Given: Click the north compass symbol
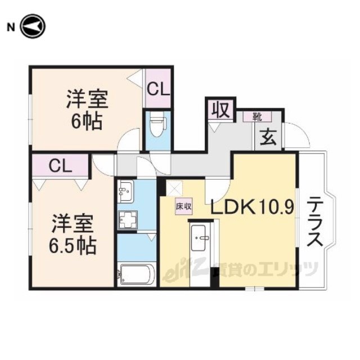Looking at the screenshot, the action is tap(33, 26).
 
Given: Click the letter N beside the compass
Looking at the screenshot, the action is tap(11, 28).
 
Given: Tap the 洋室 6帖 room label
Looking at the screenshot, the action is tap(87, 110).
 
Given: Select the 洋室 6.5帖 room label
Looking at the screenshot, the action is tap(73, 234).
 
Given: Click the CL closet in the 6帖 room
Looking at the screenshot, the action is tap(158, 88).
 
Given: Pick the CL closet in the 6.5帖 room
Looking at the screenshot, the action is tap(61, 165).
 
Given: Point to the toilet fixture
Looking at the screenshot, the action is tap(157, 125).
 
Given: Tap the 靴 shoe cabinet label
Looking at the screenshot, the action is tap(257, 117).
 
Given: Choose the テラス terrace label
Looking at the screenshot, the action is tap(315, 222).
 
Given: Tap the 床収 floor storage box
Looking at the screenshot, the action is tap(184, 206).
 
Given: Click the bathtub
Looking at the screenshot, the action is tap(136, 274).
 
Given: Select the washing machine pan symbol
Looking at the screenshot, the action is tap(128, 220).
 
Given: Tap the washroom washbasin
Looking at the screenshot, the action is tap(125, 191).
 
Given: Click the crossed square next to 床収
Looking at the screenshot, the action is tap(174, 188).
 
